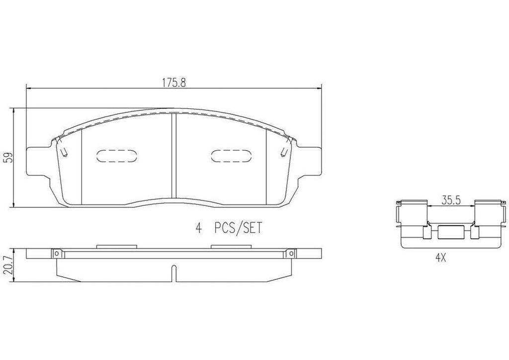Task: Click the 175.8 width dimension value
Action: pyautogui.click(x=173, y=83)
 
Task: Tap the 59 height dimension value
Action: pyautogui.click(x=8, y=158)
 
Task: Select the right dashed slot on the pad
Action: pyautogui.click(x=229, y=156)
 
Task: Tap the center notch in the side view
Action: pyautogui.click(x=173, y=272)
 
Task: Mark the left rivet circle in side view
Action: pyautogui.click(x=58, y=254)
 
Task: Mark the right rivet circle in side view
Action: pyautogui.click(x=289, y=254)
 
